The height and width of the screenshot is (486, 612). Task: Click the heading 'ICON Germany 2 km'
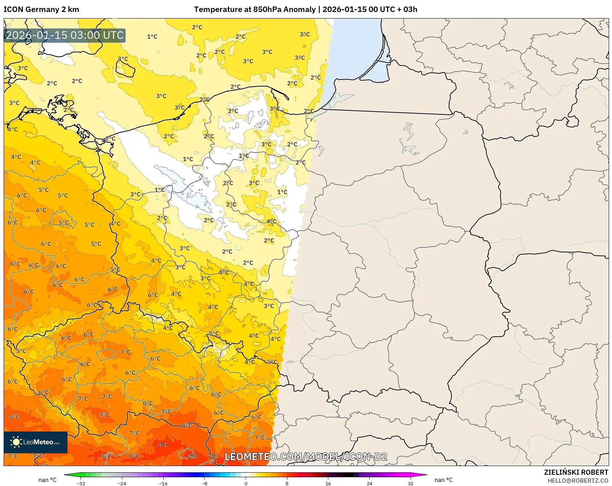pos(41,9)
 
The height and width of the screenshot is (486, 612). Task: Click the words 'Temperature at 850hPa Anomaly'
pos(255,9)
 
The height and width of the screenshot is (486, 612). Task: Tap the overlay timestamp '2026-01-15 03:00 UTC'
pos(65,35)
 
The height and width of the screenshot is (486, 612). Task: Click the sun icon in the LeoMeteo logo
pos(16,442)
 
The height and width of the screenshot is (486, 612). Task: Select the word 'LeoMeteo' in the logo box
pos(38,442)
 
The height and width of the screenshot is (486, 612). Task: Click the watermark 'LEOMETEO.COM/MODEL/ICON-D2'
pos(306,457)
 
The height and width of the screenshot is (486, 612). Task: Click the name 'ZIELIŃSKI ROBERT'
pos(576,472)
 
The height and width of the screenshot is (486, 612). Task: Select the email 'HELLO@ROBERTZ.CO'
pos(578,481)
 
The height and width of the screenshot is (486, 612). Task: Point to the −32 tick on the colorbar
pos(81,483)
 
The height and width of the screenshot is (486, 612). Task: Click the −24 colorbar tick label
pos(122,483)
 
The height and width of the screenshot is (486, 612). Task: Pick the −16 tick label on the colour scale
pos(163,483)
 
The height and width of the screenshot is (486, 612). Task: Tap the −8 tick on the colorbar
pos(205,483)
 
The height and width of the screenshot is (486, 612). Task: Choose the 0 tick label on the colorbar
pos(246,483)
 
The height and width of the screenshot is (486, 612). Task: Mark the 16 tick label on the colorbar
pos(328,483)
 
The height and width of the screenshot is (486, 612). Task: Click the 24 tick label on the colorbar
pos(369,483)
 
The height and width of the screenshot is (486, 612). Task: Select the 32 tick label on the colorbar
pos(410,483)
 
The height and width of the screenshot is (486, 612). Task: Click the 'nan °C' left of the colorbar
pos(48,480)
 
